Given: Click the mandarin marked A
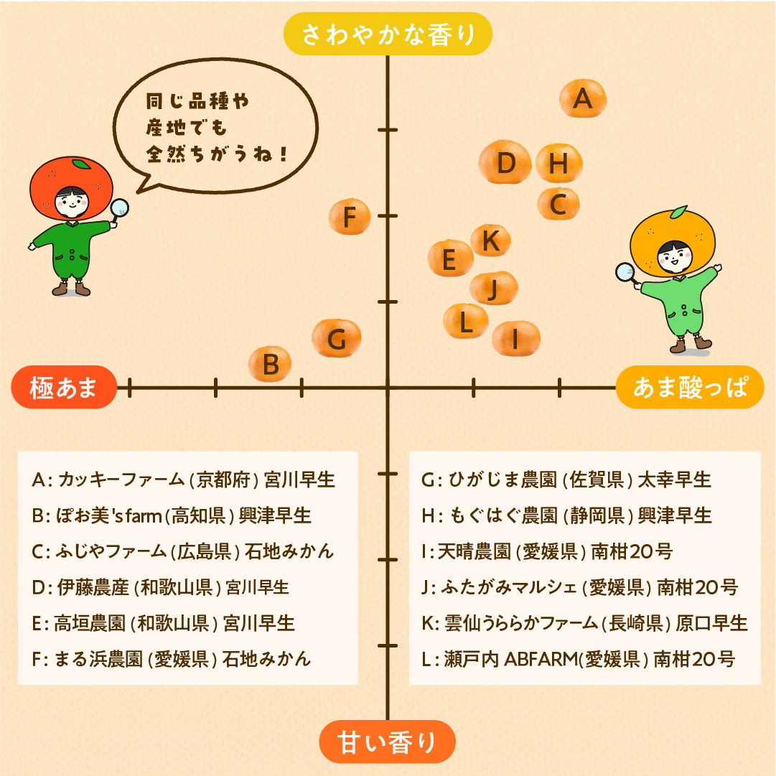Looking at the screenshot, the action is click(x=583, y=98).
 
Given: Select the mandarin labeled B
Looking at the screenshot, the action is click(x=270, y=364).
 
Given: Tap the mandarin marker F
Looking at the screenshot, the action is click(x=350, y=216).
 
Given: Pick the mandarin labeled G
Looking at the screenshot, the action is click(x=337, y=338).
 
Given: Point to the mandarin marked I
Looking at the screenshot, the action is click(x=516, y=339).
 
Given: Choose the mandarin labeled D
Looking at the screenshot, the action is click(x=505, y=162).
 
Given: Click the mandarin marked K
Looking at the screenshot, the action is click(x=490, y=240).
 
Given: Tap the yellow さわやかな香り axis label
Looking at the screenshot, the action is click(x=388, y=34).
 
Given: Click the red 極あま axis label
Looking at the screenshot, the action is click(x=64, y=387).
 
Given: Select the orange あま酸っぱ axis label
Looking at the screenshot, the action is click(x=690, y=387).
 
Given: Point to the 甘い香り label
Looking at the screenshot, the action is click(x=387, y=742).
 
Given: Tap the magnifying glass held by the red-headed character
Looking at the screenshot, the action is click(x=118, y=210).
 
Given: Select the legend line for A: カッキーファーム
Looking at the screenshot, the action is click(x=183, y=480).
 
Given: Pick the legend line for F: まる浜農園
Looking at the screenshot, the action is click(x=172, y=659).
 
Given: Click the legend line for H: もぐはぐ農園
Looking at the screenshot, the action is click(x=566, y=515).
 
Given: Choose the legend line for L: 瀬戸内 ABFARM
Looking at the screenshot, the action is click(x=578, y=659).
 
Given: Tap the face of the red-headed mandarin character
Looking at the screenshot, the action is click(x=72, y=202).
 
